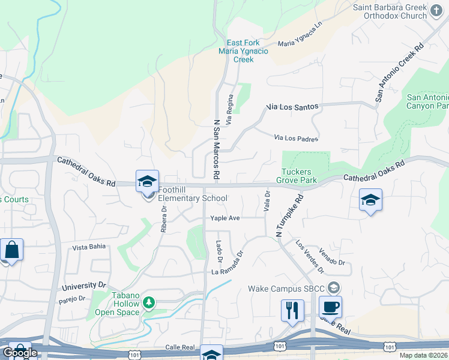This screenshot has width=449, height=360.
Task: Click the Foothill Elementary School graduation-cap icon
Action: coord(148,181)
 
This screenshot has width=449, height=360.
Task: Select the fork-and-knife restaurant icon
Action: coord(292,310)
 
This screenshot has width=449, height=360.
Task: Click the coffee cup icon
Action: coord(330,307)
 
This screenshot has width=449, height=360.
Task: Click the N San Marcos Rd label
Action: coord(217,150)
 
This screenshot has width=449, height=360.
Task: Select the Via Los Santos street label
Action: coord(291,107)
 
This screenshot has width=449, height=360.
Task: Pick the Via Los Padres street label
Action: coord(296,139)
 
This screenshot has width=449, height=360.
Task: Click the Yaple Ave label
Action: coord(224,218)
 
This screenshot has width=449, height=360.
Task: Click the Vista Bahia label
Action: coord(88,247)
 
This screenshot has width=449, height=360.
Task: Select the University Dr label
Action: coord(83,286)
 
